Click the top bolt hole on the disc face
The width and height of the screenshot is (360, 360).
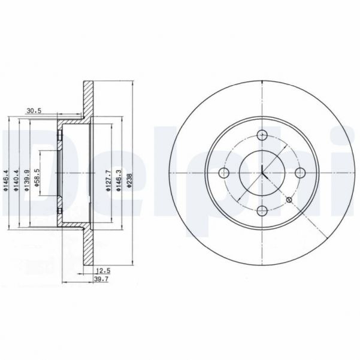pyautogui.click(x=262, y=135)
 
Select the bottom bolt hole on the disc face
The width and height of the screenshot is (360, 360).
pyautogui.click(x=262, y=210)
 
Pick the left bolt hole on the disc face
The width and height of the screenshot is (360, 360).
pyautogui.click(x=225, y=173)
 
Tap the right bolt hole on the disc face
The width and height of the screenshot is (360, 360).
pyautogui.click(x=300, y=173)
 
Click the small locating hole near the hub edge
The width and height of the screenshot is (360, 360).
pyautogui.click(x=289, y=199)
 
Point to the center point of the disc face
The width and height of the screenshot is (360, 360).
pyautogui.click(x=262, y=173)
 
